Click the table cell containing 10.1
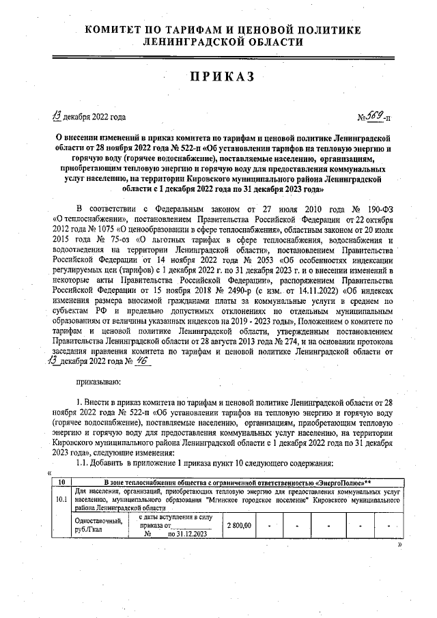61,498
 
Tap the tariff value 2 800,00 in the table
238,526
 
